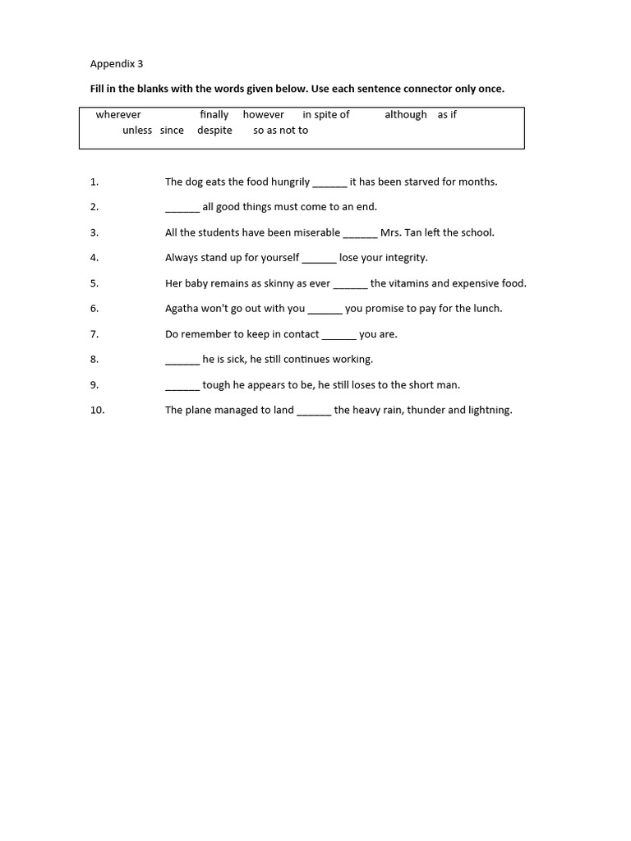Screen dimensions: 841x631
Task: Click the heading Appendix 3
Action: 116,63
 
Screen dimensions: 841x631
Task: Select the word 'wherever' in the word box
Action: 118,115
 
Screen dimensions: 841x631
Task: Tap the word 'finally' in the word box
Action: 214,115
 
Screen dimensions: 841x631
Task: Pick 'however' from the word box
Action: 263,115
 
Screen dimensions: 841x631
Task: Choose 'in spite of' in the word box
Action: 325,115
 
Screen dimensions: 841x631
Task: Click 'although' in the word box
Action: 406,115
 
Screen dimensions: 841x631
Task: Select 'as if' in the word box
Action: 447,115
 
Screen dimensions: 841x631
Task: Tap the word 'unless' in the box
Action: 137,131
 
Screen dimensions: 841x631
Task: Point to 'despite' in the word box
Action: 214,131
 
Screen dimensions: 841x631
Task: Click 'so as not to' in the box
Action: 280,131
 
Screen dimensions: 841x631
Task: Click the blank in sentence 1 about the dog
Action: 329,183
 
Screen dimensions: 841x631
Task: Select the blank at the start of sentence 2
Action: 182,209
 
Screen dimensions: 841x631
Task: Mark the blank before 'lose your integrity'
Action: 319,260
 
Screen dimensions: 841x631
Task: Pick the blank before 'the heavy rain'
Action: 314,412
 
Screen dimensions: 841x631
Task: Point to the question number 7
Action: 94,334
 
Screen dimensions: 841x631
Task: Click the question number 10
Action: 98,411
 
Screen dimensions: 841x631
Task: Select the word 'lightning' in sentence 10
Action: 490,411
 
